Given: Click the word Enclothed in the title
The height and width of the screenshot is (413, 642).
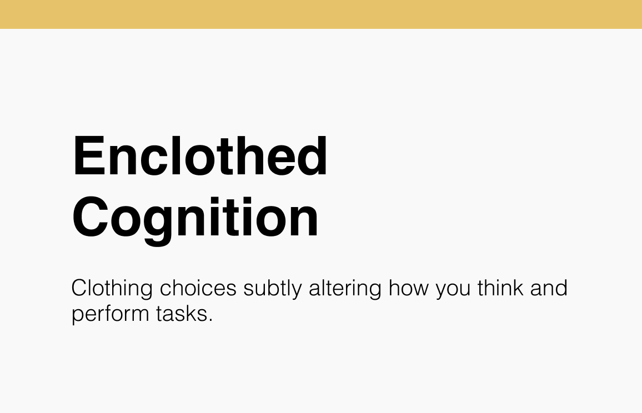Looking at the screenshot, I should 200,156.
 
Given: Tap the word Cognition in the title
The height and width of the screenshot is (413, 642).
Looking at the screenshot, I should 195,218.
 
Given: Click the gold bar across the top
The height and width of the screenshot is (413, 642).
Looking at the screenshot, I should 321,14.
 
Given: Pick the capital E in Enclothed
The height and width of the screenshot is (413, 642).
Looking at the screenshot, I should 86,156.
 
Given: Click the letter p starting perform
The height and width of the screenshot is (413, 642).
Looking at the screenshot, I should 77,316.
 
